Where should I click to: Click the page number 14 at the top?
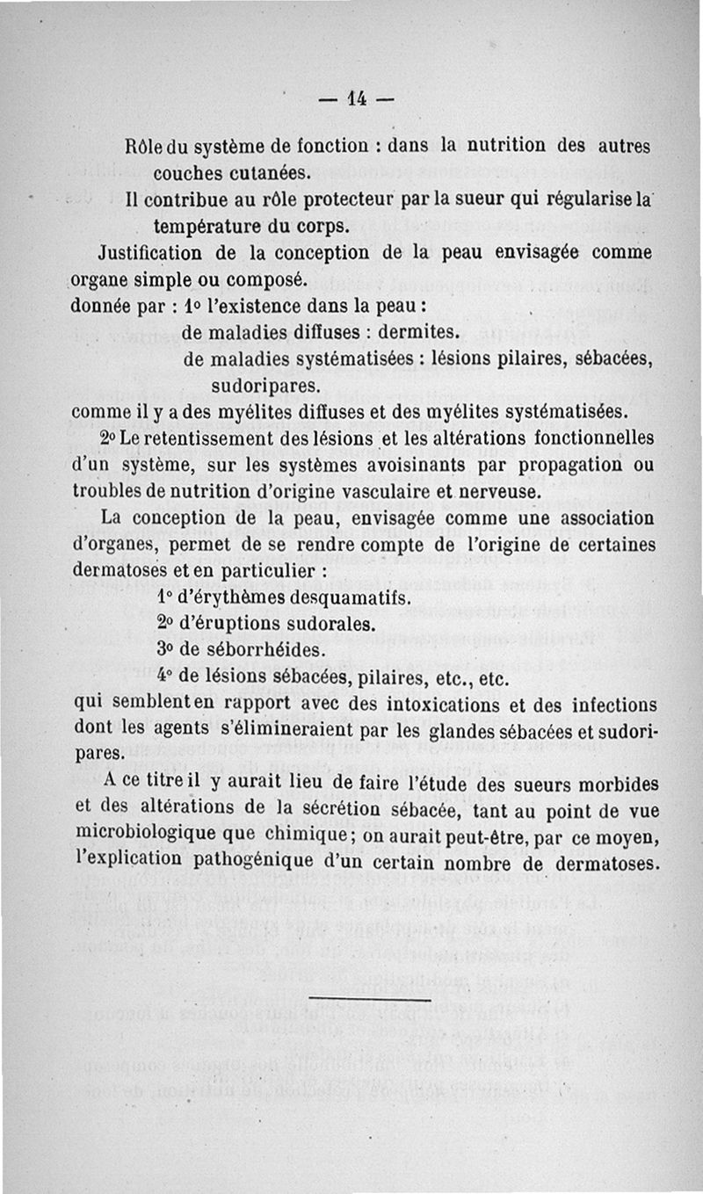point(356,98)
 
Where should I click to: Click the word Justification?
point(152,253)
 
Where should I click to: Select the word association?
point(605,518)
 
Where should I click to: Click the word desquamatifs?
point(337,598)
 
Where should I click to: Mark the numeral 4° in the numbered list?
point(163,677)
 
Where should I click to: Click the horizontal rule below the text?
point(370,999)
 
